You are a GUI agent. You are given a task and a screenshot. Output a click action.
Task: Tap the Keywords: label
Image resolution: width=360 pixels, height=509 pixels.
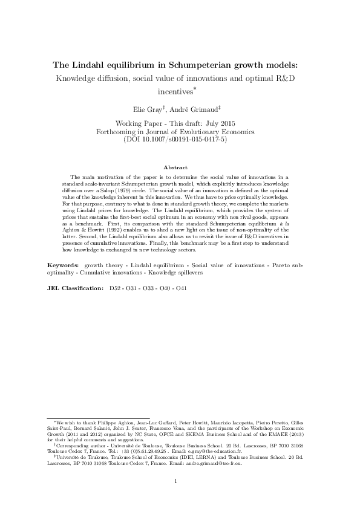[x=63, y=265]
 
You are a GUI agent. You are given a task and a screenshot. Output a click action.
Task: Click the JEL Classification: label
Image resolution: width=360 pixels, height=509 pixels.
[x=75, y=288]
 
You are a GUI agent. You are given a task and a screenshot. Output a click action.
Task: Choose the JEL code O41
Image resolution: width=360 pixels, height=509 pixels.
[x=181, y=288]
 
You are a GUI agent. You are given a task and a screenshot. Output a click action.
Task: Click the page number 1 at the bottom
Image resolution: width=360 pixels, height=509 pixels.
[x=175, y=482]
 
